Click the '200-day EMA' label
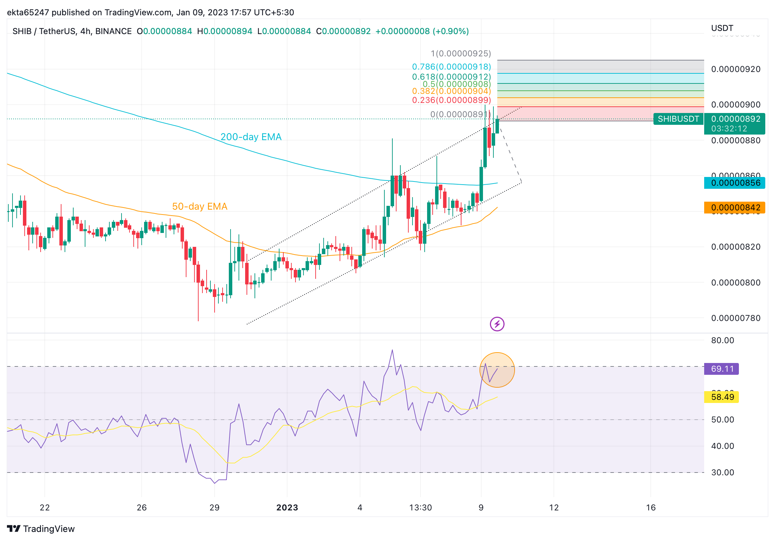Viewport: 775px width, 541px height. coord(251,137)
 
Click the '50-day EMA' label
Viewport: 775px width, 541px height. coord(200,207)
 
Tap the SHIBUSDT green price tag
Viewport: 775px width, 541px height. coord(678,119)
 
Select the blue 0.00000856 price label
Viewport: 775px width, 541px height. coord(734,183)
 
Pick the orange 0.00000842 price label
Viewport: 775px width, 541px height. coord(734,208)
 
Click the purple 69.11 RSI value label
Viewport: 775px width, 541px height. coord(722,369)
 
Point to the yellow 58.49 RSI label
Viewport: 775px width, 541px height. coord(722,397)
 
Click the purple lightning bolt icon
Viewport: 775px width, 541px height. coord(497,324)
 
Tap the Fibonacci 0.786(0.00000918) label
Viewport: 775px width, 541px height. coord(451,67)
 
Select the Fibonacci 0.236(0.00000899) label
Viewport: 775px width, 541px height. coord(451,100)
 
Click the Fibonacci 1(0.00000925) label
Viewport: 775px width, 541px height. coord(461,54)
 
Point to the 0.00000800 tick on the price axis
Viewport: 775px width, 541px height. coord(735,283)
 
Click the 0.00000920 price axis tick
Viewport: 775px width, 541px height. coord(735,69)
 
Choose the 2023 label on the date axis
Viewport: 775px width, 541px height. coord(287,508)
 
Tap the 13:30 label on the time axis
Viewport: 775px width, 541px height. coord(420,508)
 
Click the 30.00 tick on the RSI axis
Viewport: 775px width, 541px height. coord(723,473)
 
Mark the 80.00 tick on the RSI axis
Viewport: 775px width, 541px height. coord(723,340)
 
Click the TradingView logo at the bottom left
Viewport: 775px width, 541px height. coord(41,529)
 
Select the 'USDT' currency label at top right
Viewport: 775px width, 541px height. coord(722,28)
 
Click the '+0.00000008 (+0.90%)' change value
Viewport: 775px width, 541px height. coord(422,31)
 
